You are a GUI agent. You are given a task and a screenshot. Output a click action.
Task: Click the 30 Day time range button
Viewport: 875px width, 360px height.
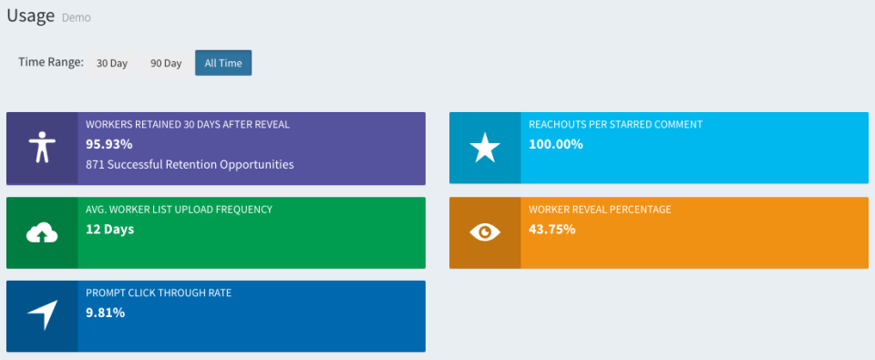point(112,63)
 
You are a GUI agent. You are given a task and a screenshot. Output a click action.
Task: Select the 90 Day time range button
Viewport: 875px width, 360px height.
point(166,63)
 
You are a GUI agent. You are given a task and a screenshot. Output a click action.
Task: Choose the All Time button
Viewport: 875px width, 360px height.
point(223,63)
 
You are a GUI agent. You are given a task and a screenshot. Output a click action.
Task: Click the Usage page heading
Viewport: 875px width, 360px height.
point(31,15)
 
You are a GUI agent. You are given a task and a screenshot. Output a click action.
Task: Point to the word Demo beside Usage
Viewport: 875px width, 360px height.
point(76,17)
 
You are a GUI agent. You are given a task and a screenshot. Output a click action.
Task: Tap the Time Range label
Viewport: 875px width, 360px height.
point(51,62)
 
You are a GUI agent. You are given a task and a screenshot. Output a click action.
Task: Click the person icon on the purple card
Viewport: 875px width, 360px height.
point(41,148)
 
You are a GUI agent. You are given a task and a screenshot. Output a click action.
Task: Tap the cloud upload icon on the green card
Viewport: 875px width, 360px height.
point(41,233)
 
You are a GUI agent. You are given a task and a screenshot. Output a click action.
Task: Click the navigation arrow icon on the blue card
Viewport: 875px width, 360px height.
point(41,315)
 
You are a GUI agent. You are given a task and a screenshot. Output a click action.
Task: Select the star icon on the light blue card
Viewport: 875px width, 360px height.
point(485,148)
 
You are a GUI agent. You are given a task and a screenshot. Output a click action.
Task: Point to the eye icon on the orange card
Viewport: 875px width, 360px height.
point(485,232)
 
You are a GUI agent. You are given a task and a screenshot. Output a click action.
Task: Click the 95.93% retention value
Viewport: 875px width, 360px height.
point(109,144)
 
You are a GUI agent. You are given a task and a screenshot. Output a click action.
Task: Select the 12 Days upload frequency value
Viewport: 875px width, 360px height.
point(109,229)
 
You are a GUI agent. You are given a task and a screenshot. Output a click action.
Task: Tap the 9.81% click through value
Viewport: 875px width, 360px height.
point(106,313)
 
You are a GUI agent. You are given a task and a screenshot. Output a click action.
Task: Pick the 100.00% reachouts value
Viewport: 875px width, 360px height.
point(556,144)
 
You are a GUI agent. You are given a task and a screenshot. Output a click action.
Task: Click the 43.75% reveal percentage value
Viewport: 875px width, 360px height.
point(552,229)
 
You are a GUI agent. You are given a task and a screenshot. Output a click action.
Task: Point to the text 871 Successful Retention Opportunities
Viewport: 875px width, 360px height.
point(190,165)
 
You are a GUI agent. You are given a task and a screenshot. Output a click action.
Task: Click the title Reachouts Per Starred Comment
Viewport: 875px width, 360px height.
point(615,124)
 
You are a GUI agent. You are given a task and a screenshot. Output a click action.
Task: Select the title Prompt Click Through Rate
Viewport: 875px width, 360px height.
point(159,293)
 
